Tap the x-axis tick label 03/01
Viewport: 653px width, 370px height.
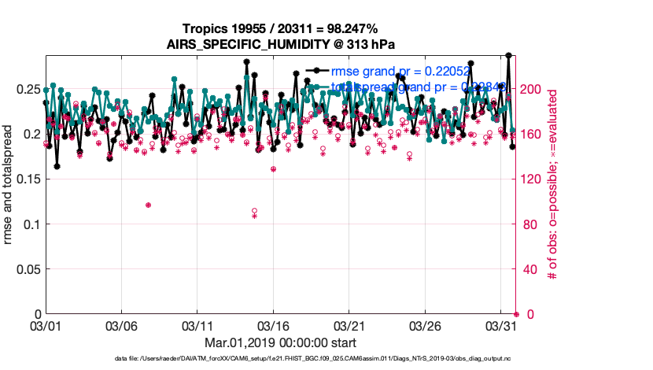[45, 325]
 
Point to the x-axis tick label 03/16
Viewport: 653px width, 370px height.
[273, 325]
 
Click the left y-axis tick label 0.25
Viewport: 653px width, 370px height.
[28, 89]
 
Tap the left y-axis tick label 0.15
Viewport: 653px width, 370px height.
[28, 179]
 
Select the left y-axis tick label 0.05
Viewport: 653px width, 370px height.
[28, 269]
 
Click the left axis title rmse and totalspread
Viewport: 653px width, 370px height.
[9, 184]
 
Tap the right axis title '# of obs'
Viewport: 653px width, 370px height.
[553, 184]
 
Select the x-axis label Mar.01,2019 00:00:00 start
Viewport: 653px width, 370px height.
[280, 342]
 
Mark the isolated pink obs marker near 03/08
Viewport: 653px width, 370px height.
[148, 205]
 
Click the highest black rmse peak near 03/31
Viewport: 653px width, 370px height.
[509, 55]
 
